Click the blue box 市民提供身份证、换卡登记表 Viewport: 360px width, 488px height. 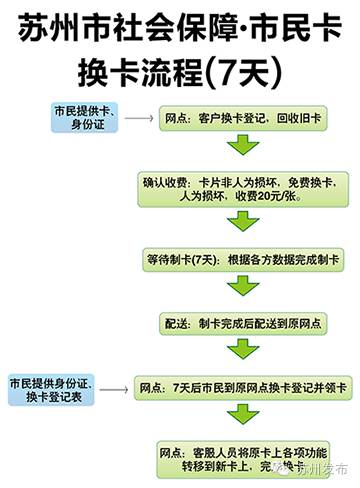click(50, 391)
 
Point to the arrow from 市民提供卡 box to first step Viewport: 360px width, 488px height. click(138, 118)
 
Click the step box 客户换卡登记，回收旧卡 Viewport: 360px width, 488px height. click(240, 118)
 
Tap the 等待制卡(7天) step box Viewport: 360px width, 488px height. click(240, 257)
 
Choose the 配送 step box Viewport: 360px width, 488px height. click(240, 322)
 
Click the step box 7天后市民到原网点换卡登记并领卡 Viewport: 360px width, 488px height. click(240, 387)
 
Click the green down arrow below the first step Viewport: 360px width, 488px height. click(240, 147)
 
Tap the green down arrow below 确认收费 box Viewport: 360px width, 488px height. click(240, 223)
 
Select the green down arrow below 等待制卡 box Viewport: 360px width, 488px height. click(240, 288)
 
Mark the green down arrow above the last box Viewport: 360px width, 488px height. click(240, 419)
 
